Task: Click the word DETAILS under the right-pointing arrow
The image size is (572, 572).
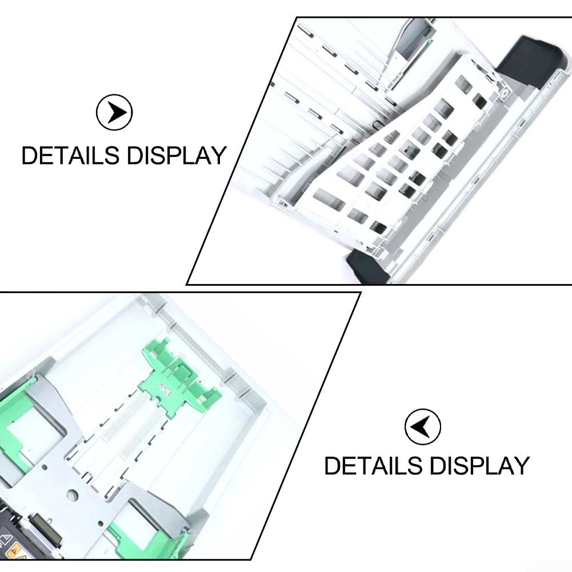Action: pyautogui.click(x=70, y=155)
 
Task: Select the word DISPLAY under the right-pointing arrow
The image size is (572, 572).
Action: pyautogui.click(x=177, y=155)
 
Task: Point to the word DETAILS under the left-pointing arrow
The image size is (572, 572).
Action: pyautogui.click(x=373, y=466)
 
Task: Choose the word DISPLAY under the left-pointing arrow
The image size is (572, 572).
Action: pyautogui.click(x=479, y=466)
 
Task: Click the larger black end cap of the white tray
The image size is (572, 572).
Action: pyautogui.click(x=529, y=59)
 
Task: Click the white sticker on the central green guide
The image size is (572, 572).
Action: pyautogui.click(x=165, y=390)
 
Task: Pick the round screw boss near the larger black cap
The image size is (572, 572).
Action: pyautogui.click(x=504, y=93)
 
